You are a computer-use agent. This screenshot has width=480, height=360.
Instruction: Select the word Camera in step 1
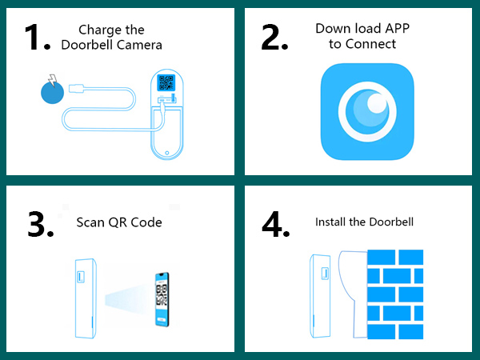(x=137, y=45)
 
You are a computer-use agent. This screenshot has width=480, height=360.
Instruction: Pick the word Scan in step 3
(x=90, y=222)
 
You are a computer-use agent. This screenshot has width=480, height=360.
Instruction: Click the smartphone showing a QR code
(x=162, y=300)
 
